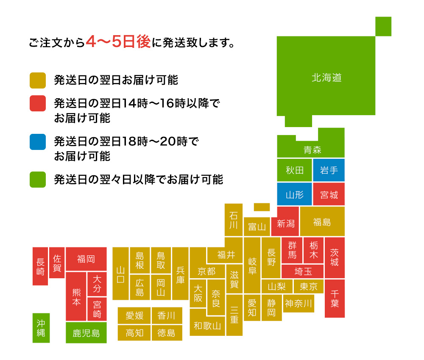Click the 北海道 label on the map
[x=326, y=78]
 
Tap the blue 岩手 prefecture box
[x=329, y=170]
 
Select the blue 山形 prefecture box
[x=295, y=194]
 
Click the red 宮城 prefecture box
[x=329, y=194]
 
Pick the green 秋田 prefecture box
[x=295, y=170]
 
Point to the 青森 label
[x=312, y=150]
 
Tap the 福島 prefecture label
[x=322, y=222]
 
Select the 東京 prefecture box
[x=309, y=286]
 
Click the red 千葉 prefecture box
[x=335, y=299]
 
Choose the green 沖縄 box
[x=41, y=328]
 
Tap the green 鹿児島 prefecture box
[x=86, y=333]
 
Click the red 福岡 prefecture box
[x=86, y=259]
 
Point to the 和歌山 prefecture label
[x=207, y=326]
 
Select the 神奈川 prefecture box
[x=298, y=304]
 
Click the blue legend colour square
[x=38, y=142]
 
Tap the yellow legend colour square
[x=38, y=80]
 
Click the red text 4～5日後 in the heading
[x=118, y=42]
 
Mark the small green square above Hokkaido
[x=383, y=26]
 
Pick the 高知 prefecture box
[x=134, y=333]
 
